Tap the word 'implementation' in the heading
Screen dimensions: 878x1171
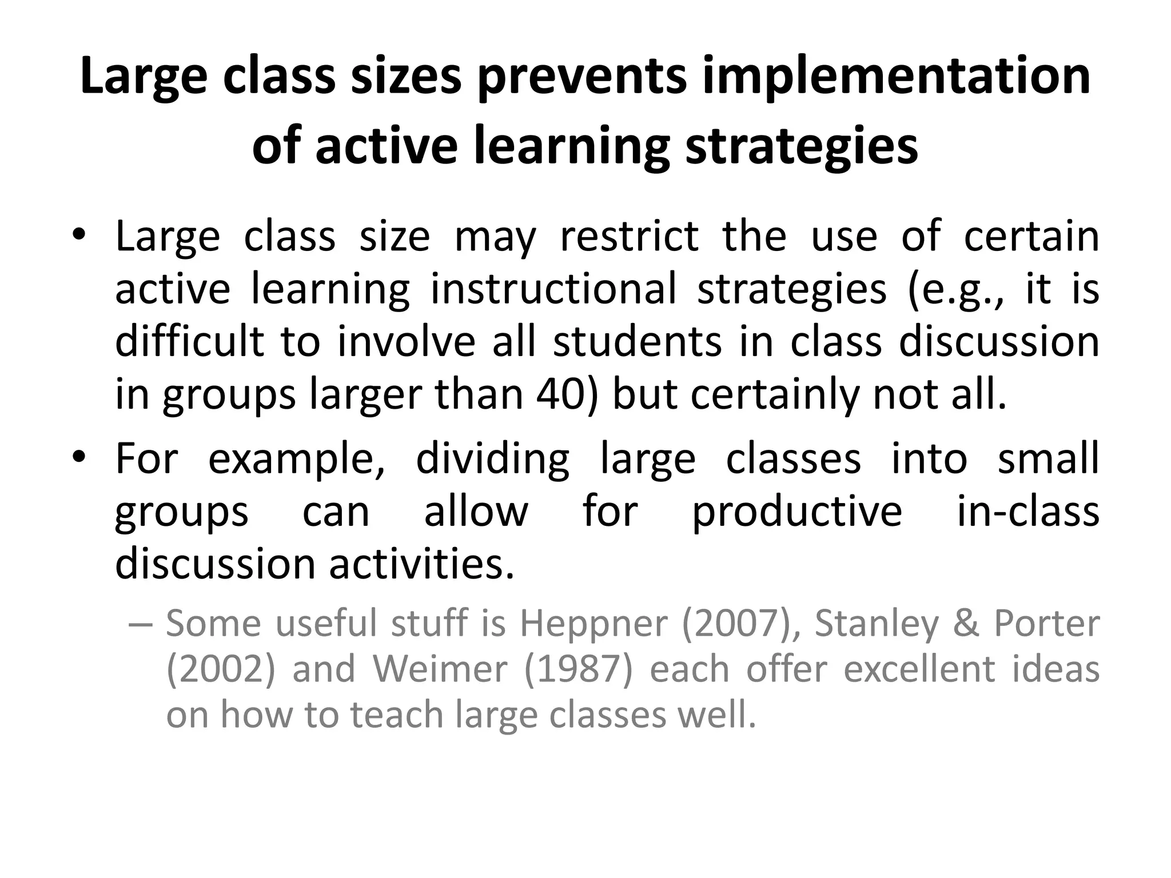coord(896,77)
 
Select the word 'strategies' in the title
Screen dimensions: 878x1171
coord(802,146)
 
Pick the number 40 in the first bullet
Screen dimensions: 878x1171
coord(560,394)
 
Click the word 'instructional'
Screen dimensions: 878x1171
coord(553,289)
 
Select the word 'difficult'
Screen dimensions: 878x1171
coord(189,341)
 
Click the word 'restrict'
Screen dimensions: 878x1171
coord(629,236)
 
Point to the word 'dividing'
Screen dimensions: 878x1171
coord(492,459)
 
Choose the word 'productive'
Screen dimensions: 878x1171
coord(797,512)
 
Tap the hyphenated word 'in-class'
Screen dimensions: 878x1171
coord(1027,512)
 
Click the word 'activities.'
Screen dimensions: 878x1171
coord(422,564)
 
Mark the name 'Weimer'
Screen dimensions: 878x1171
coord(440,669)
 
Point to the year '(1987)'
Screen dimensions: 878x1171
coord(578,669)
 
